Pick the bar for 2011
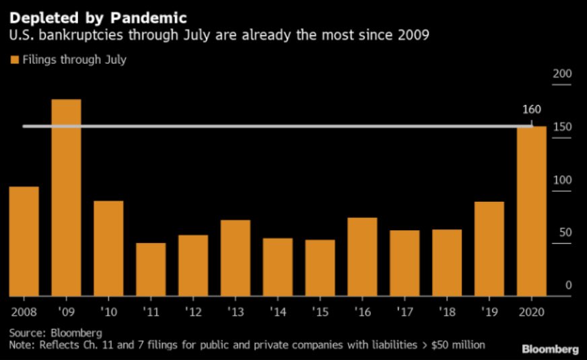(151, 269)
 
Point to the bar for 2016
(362, 256)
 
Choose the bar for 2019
(489, 248)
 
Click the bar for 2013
(236, 258)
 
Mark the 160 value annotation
(531, 110)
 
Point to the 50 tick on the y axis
(565, 232)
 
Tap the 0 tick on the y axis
(568, 285)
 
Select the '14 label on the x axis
(277, 313)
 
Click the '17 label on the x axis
(405, 313)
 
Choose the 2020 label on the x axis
(531, 313)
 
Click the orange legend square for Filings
(14, 60)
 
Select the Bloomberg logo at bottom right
(549, 349)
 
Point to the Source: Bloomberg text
(55, 332)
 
